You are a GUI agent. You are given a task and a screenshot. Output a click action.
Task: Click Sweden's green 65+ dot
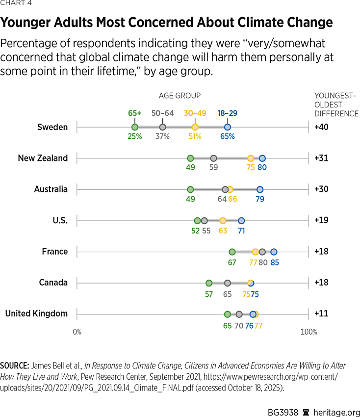coord(135,127)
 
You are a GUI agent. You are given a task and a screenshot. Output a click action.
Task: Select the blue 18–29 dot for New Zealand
coord(262,158)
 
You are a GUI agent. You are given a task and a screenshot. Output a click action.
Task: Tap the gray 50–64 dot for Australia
coord(225,189)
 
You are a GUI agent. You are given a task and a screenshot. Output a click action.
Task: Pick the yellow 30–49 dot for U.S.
coord(223,220)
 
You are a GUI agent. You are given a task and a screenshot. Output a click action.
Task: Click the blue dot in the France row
coord(274,252)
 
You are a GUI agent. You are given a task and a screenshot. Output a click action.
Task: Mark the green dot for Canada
coord(209,283)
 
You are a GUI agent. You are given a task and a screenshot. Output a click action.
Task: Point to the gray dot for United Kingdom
coord(239,314)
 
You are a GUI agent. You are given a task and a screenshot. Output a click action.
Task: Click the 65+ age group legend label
coord(135,113)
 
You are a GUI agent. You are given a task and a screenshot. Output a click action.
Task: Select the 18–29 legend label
coord(227,113)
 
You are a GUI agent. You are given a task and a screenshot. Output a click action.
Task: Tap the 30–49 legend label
coord(195,113)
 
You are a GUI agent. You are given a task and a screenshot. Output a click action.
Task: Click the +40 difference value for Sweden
coord(321,127)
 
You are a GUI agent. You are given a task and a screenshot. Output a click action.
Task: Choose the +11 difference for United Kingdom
coord(321,314)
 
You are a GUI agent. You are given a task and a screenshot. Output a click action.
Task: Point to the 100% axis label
coord(309,332)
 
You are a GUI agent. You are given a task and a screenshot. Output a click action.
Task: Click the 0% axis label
coord(77,332)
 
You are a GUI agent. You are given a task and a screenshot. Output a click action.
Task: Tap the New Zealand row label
coord(43,158)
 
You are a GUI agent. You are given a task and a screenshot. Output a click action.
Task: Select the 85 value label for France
coord(275,262)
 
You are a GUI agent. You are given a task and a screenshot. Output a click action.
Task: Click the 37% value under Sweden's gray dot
coord(162,136)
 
